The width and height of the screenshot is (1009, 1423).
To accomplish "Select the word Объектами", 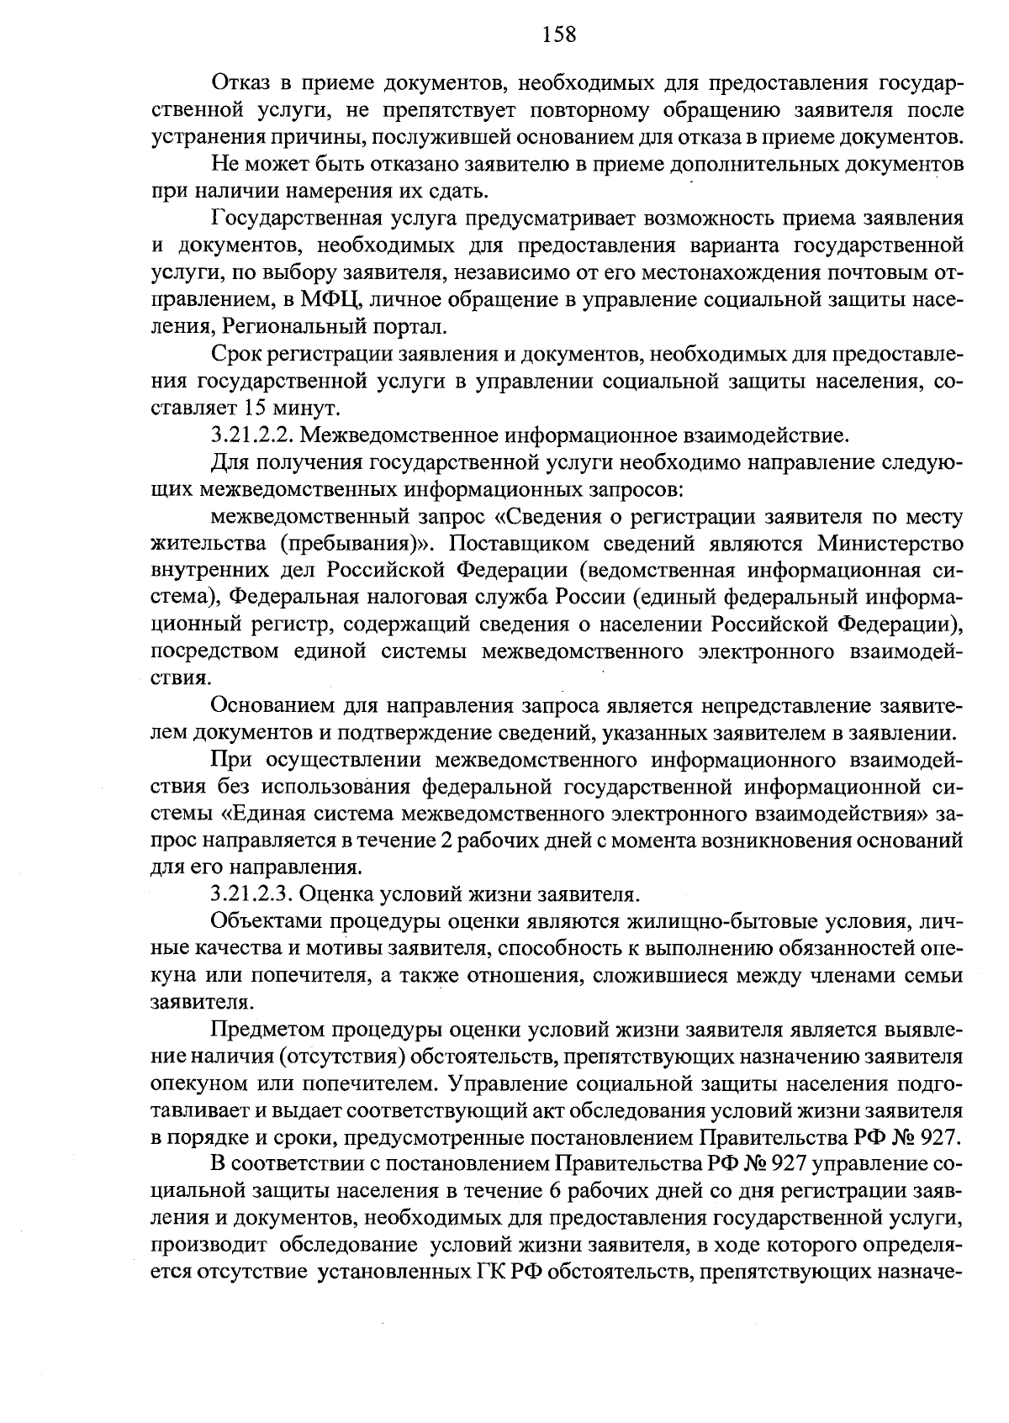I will (261, 920).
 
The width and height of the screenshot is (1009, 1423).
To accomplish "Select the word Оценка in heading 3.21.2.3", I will (332, 893).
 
